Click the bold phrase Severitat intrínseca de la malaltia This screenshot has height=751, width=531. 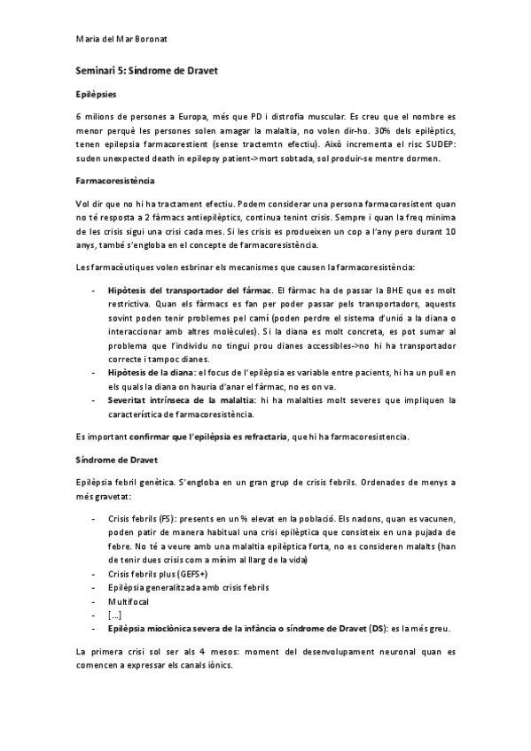[x=182, y=399]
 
